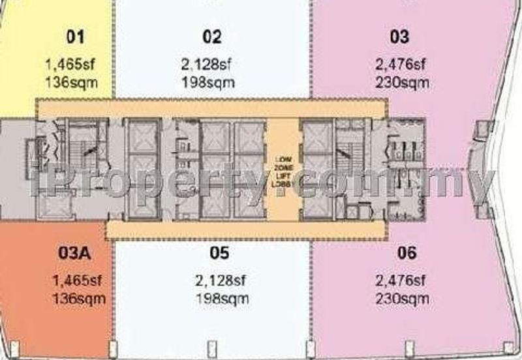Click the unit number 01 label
click(76, 37)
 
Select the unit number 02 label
click(212, 37)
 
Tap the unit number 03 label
click(399, 37)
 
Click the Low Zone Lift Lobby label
click(283, 172)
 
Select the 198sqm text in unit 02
click(208, 83)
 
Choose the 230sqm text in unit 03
click(402, 83)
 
